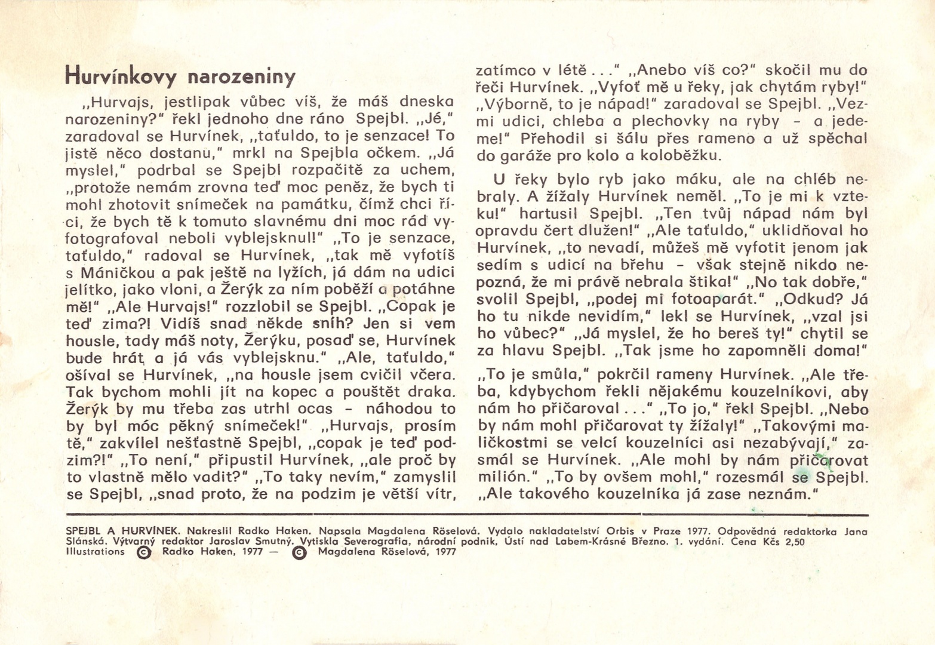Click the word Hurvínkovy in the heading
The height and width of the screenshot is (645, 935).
[x=121, y=76]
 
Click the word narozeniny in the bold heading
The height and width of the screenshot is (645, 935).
[x=242, y=77]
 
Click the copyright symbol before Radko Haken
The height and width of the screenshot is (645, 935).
[x=144, y=552]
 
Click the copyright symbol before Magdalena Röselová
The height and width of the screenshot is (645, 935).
[x=300, y=552]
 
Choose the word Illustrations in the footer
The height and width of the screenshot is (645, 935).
[x=96, y=552]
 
